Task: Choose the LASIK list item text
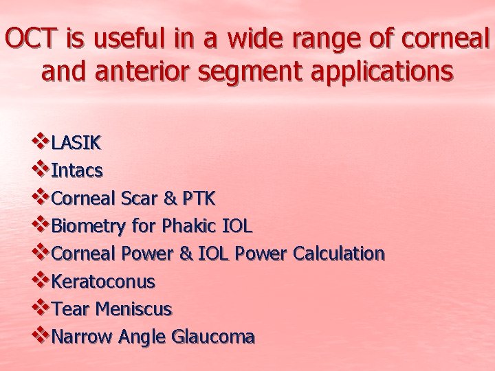pos(76,143)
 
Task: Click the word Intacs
pos(78,170)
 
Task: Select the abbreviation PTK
pos(199,199)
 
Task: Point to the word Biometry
pos(88,226)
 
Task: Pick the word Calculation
pos(338,254)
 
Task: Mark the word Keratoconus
pos(104,282)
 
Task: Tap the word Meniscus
pos(134,309)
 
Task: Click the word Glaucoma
pos(213,337)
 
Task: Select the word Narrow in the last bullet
pos(82,337)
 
